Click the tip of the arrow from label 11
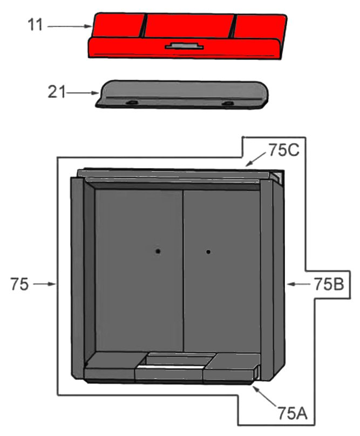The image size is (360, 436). point(92,26)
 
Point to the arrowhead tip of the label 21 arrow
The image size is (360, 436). point(99,93)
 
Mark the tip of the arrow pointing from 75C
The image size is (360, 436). point(246,166)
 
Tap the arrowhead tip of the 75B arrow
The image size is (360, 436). point(287,284)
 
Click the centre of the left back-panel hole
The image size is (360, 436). point(158,251)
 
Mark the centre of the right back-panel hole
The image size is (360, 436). point(208,252)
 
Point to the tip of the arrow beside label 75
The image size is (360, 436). point(56,284)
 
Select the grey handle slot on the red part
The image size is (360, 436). point(185,46)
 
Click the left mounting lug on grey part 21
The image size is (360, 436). point(132,103)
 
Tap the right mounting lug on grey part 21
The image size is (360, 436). point(228,103)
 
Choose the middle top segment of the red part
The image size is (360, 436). point(189,26)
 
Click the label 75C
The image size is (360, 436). point(283,150)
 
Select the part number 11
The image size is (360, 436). point(36,25)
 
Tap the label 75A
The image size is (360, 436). point(293,413)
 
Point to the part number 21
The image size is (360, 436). point(57,92)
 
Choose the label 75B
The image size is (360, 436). point(329,284)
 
